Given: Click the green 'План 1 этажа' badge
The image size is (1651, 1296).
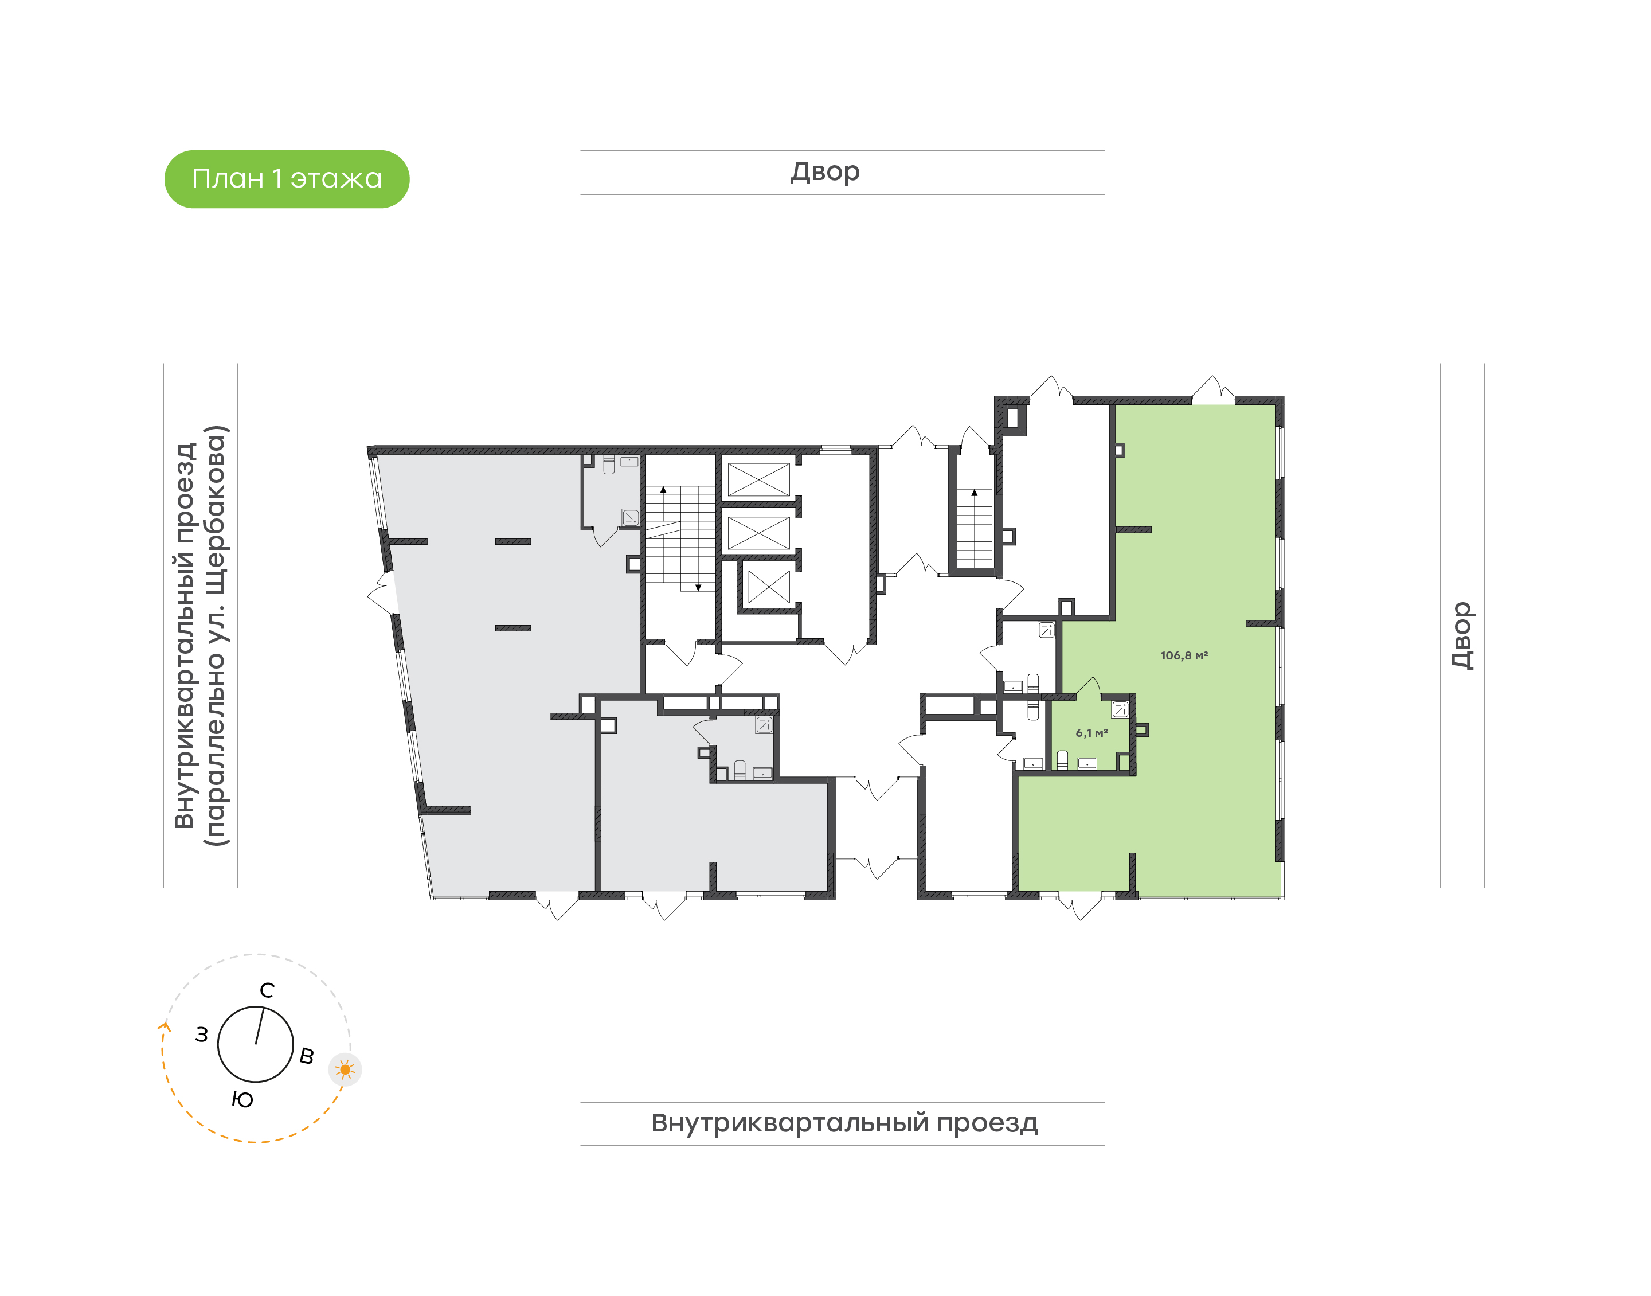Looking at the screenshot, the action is [287, 179].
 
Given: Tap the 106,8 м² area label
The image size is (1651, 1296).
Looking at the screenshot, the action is [1183, 655].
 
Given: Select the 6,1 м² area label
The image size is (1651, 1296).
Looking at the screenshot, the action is [1091, 733].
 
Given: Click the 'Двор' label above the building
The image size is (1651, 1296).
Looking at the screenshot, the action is [825, 172].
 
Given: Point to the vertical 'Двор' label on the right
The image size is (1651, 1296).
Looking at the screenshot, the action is [1461, 635].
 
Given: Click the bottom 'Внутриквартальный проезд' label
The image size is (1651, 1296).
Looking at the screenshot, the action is [844, 1123].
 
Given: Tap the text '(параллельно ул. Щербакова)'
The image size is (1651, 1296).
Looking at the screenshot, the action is [216, 636].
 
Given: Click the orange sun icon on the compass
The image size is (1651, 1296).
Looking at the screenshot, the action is [345, 1070].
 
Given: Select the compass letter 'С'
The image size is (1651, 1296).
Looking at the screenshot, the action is [267, 990].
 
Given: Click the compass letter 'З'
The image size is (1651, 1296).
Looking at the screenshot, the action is [201, 1035].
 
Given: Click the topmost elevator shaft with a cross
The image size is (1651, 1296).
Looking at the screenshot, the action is [758, 479].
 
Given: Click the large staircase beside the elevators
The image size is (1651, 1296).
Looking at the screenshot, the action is [680, 538].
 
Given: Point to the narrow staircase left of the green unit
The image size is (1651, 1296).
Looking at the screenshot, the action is [975, 528].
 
